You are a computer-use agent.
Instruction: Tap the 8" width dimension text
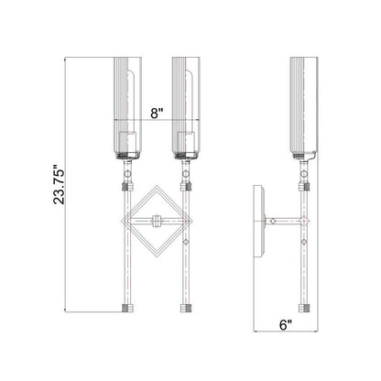click(x=157, y=114)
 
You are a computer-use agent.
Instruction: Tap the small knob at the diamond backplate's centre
click(x=157, y=220)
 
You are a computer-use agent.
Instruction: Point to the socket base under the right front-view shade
click(x=188, y=155)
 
